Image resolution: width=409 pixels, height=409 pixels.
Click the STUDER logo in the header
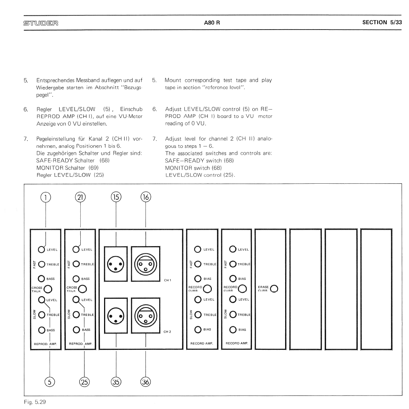pyautogui.click(x=41, y=23)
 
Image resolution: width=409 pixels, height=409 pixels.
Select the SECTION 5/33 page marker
pyautogui.click(x=382, y=22)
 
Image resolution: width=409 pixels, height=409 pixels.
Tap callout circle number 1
pyautogui.click(x=45, y=197)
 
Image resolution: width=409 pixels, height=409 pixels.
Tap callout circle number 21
pyautogui.click(x=80, y=197)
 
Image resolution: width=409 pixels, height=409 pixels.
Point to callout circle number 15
pyautogui.click(x=116, y=197)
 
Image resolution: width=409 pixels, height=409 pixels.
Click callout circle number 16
pyautogui.click(x=146, y=197)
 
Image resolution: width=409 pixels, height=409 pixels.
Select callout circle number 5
pyautogui.click(x=50, y=382)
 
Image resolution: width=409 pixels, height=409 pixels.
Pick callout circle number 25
pyautogui.click(x=84, y=382)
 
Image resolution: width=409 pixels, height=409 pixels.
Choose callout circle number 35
pyautogui.click(x=116, y=382)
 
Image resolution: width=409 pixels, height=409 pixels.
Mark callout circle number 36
pyautogui.click(x=146, y=382)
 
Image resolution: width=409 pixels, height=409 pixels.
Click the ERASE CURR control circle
pyautogui.click(x=274, y=289)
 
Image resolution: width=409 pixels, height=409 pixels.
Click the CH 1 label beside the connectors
pyautogui.click(x=167, y=280)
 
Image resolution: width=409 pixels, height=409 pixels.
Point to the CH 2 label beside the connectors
pyautogui.click(x=167, y=332)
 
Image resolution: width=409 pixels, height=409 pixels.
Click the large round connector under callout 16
pyautogui.click(x=146, y=264)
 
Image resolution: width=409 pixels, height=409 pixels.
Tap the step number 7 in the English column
pyautogui.click(x=154, y=139)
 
